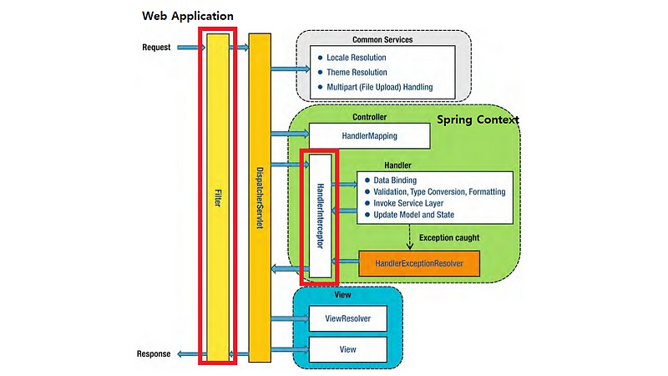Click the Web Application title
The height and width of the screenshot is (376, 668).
pyautogui.click(x=188, y=16)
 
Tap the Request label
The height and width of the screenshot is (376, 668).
pyautogui.click(x=155, y=48)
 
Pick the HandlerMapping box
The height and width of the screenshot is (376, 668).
pyautogui.click(x=369, y=135)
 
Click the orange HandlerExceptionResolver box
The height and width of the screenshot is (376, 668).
pyautogui.click(x=420, y=263)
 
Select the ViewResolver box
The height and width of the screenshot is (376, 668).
pyautogui.click(x=347, y=318)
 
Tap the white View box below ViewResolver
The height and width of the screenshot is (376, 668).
pyautogui.click(x=347, y=348)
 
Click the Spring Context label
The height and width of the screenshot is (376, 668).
pyautogui.click(x=478, y=120)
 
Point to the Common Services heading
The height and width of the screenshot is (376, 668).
pyautogui.click(x=382, y=39)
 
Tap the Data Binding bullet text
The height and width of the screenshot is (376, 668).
pyautogui.click(x=395, y=180)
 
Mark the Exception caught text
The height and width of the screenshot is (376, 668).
pyautogui.click(x=449, y=238)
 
